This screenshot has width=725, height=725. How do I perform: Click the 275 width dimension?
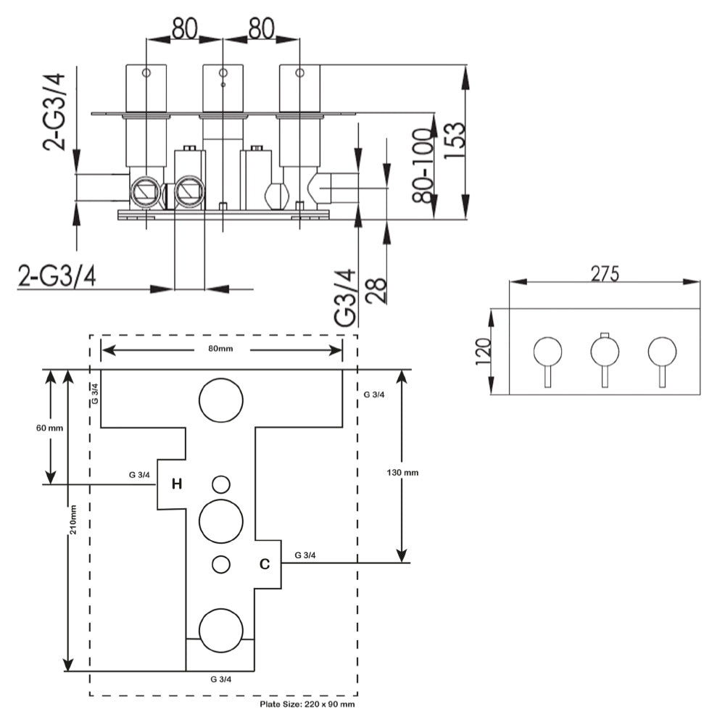point(605,273)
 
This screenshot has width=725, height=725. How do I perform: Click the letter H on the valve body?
point(176,484)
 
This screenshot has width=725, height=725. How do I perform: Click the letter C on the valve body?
point(265,563)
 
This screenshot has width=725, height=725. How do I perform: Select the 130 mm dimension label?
point(404,472)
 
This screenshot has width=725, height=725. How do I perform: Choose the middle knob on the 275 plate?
point(605,352)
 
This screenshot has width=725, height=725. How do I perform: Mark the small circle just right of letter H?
point(221,484)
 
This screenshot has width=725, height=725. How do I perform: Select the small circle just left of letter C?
point(221,563)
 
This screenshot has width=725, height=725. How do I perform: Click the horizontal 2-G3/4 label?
point(58,277)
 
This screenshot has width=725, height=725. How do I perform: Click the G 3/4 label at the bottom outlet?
point(220,679)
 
